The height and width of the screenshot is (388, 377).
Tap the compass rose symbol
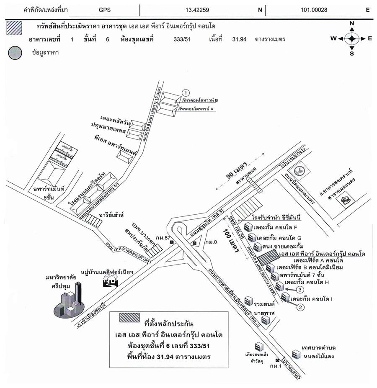(352, 39)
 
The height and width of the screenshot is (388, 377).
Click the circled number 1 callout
(186, 93)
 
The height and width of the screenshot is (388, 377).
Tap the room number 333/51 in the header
(181, 39)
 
